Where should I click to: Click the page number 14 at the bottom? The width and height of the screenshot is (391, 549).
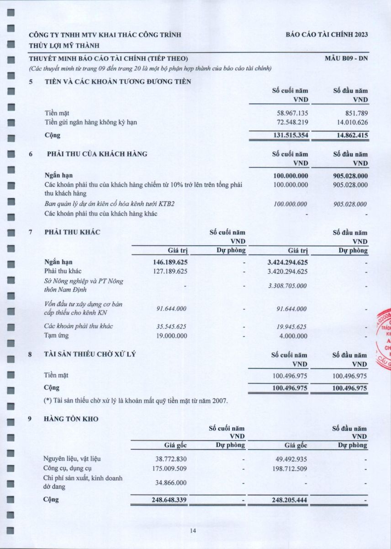[x=193, y=531]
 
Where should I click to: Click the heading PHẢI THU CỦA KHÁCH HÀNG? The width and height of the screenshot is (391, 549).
[x=97, y=154]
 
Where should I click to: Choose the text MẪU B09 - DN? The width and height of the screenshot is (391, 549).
[x=346, y=59]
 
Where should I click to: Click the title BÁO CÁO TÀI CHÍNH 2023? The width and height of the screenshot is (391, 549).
[x=327, y=35]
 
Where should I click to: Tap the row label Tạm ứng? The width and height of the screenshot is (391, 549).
[x=55, y=336]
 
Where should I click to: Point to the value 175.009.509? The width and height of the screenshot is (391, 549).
[x=169, y=468]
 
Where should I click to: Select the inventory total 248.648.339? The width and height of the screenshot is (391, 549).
[x=169, y=500]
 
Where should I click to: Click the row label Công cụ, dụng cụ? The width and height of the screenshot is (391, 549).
[x=69, y=468]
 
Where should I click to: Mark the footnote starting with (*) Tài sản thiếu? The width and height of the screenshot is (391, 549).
[x=135, y=401]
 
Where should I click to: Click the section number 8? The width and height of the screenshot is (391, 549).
[x=31, y=355]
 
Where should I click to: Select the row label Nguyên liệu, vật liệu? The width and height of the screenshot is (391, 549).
[x=72, y=459]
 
